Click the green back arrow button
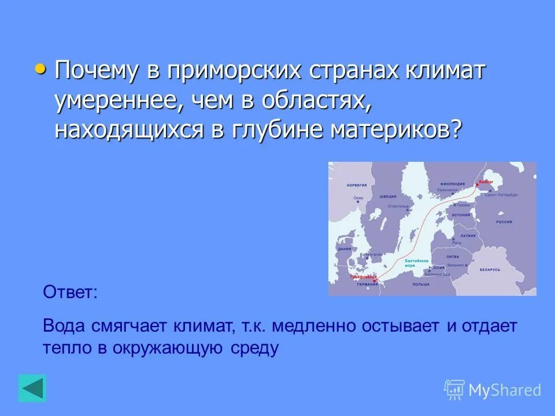pos(32,388)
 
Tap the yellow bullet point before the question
pos(40,69)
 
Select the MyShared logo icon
pos(454,390)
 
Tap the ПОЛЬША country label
pos(421,284)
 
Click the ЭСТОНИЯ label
pos(461,215)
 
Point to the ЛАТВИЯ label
pos(468,236)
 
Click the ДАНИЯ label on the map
pos(345,248)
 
